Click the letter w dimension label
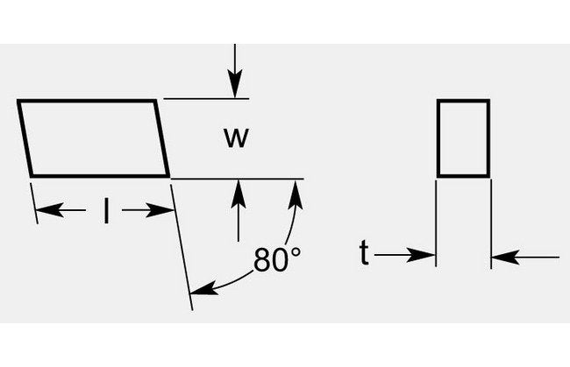(233, 138)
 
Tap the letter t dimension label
(364, 253)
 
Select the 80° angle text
(277, 260)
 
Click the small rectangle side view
(463, 138)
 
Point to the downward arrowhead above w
(235, 88)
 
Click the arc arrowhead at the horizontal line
(295, 189)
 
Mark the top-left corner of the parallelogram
(18, 102)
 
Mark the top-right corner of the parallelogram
(157, 102)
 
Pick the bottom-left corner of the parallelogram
(32, 175)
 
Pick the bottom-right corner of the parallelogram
(169, 175)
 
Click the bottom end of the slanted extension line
(192, 308)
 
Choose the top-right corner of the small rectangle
(488, 102)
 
